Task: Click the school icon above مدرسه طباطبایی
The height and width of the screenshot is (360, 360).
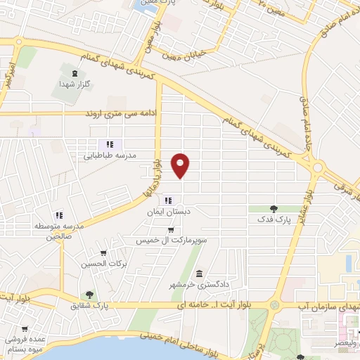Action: coord(110,144)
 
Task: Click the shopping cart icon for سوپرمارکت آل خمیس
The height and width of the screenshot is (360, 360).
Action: coord(171,229)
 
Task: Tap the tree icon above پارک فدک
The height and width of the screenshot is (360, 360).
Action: coord(274,208)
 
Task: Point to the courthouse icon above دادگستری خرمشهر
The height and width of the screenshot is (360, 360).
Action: coord(200,273)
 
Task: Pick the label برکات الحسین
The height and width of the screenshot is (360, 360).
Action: coord(103,263)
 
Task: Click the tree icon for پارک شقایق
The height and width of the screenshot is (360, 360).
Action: coord(89,295)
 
